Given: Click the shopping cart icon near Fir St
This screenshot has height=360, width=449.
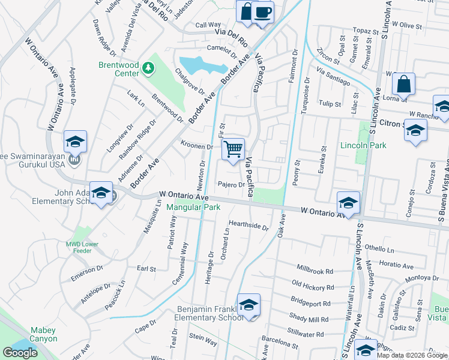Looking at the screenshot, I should click(x=234, y=148).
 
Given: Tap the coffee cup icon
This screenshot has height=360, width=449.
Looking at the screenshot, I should click(x=262, y=11).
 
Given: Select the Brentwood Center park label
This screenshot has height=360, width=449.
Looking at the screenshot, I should click(x=119, y=69).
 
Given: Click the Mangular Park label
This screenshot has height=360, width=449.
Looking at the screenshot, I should click(x=193, y=208).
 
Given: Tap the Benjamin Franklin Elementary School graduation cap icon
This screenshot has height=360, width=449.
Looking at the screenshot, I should click(x=248, y=305).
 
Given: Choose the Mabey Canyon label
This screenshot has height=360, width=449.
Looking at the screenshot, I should click(x=43, y=335).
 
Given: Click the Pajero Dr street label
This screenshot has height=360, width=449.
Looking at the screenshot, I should click(x=231, y=185).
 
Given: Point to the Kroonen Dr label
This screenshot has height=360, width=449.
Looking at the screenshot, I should click(x=197, y=146).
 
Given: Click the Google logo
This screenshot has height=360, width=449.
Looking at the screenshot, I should click(x=20, y=353).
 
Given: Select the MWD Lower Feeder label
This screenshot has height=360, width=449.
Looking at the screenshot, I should click(x=82, y=247).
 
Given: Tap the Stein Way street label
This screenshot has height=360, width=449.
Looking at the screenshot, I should click(x=202, y=340).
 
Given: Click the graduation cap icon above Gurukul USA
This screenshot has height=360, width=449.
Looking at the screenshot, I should click(x=76, y=141).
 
